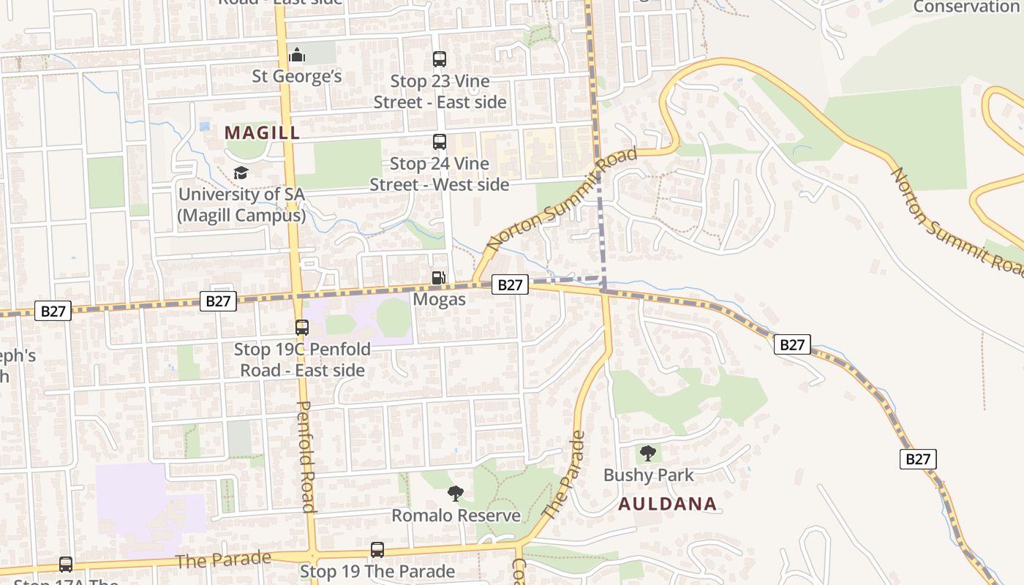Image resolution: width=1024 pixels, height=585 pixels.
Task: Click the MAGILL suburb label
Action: [x=262, y=132]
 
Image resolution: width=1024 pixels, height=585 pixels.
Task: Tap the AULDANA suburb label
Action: [x=667, y=504]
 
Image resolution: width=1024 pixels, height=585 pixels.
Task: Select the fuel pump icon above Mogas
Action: [x=439, y=278]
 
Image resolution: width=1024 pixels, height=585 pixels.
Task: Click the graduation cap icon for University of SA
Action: [x=241, y=173]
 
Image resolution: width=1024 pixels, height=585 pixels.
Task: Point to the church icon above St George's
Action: [x=297, y=55]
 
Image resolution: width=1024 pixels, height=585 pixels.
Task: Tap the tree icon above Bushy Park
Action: [x=647, y=453]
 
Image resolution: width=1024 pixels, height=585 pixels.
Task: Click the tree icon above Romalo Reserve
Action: [x=456, y=494]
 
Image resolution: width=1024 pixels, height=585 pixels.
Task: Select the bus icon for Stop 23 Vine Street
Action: [x=440, y=59]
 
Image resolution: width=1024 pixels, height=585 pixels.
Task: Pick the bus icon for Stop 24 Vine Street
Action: [x=440, y=142]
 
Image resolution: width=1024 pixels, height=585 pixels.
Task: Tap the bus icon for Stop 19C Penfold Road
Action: [x=302, y=328]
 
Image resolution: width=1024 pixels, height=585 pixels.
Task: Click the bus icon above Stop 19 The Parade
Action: [x=377, y=550]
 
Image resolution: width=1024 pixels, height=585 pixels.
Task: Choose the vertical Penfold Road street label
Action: [x=307, y=457]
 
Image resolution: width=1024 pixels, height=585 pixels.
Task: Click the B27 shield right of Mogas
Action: [x=510, y=284]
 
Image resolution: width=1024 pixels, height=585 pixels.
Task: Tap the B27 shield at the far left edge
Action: [x=53, y=311]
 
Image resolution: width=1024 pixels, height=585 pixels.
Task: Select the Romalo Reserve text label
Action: [x=456, y=516]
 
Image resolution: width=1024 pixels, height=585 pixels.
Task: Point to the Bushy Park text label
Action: [x=648, y=475]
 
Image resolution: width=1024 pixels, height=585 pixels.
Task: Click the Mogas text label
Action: [x=439, y=300]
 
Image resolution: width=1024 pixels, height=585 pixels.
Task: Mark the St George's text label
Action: [x=297, y=76]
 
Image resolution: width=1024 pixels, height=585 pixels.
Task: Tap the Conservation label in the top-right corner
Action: [x=965, y=7]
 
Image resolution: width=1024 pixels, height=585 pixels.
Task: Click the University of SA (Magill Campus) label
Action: [x=241, y=205]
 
